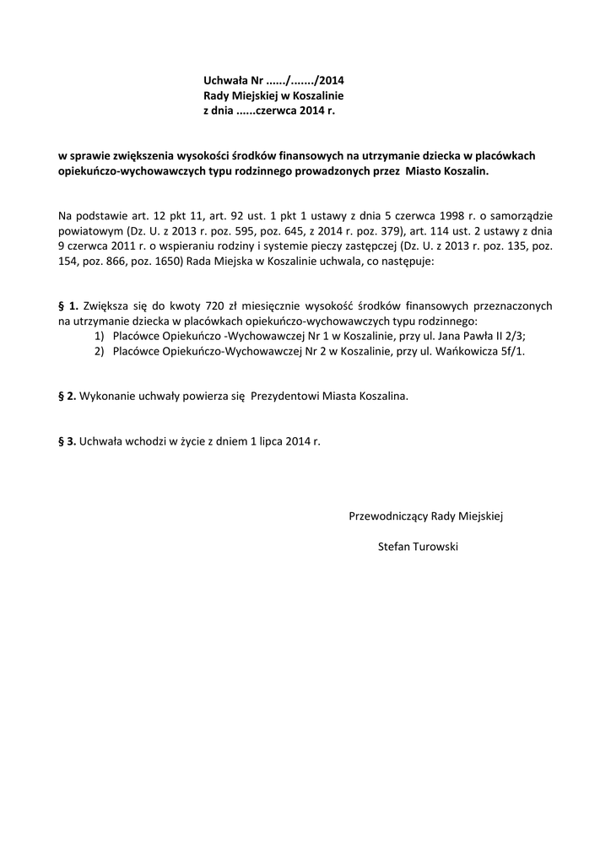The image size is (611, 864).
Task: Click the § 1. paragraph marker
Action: click(68, 307)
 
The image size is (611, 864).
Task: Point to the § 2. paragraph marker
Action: click(67, 396)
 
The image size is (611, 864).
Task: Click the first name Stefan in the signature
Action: click(394, 547)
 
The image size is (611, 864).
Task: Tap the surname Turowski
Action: click(436, 547)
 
